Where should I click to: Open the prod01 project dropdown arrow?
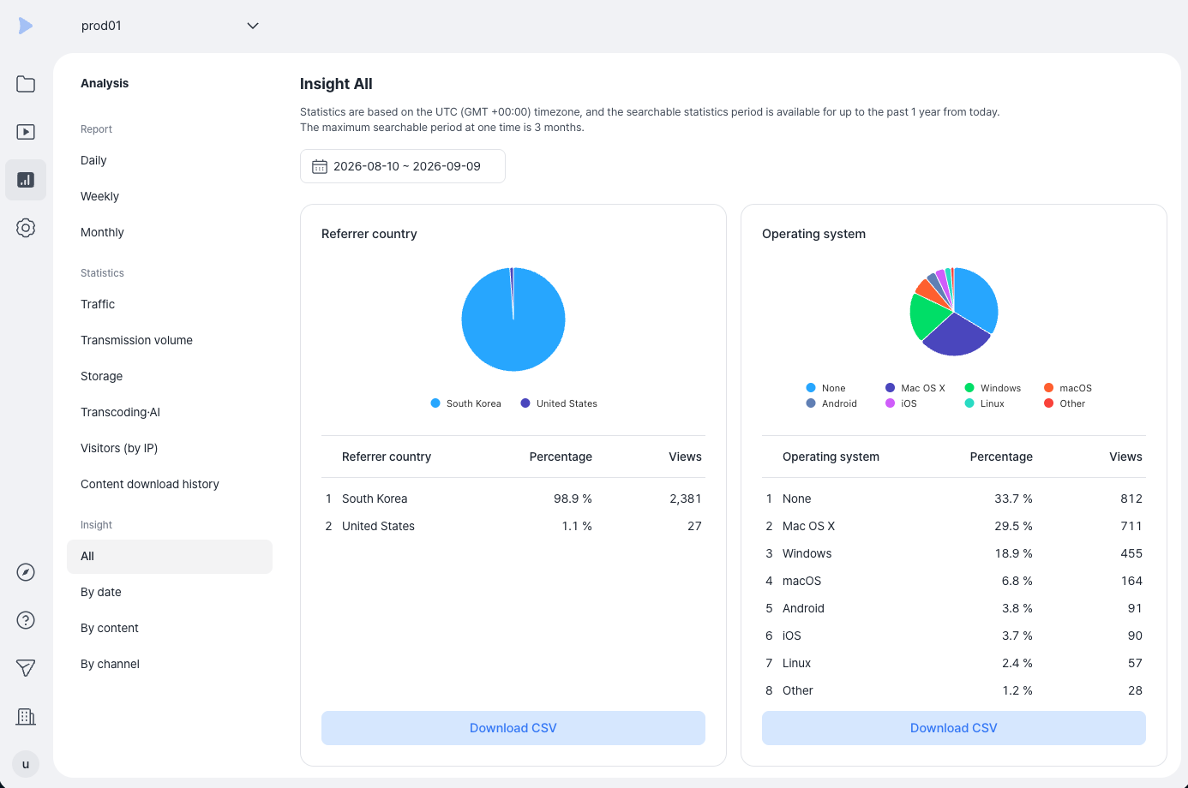(x=253, y=26)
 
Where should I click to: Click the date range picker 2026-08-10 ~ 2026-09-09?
(x=403, y=166)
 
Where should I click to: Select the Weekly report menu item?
(x=99, y=197)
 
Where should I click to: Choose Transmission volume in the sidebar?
(x=136, y=340)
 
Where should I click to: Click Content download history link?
(x=149, y=484)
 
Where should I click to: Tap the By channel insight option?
(x=110, y=664)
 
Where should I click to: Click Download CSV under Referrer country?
(x=513, y=728)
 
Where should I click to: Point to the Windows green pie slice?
(x=927, y=315)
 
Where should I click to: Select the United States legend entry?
(x=559, y=403)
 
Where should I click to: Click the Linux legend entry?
(x=984, y=403)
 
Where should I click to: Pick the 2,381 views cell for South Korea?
(x=685, y=498)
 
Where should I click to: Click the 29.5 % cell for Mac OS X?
(x=1013, y=526)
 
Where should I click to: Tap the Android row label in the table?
(x=803, y=608)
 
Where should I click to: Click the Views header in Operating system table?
(x=1125, y=457)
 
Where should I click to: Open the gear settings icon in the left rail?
(x=26, y=228)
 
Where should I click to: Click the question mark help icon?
(x=26, y=620)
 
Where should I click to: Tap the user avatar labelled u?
(x=26, y=764)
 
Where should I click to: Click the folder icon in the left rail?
(x=26, y=84)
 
